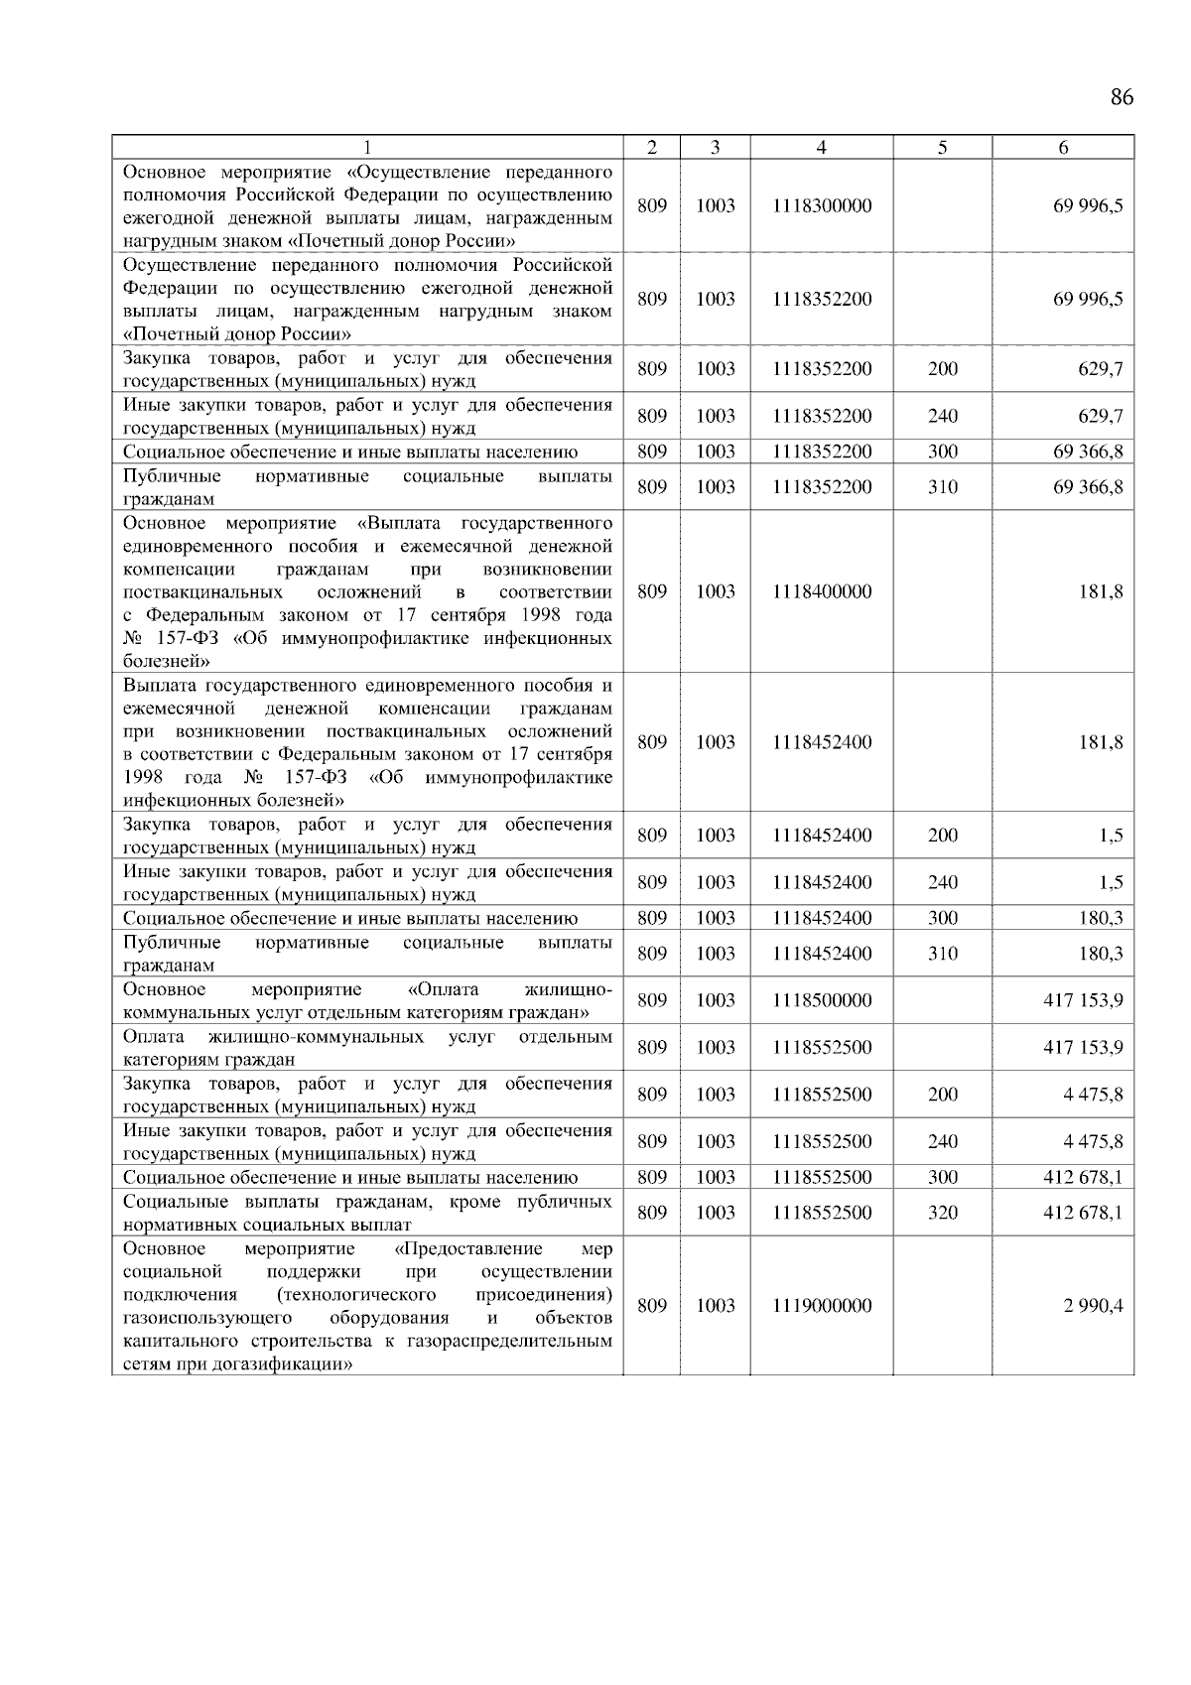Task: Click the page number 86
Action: (x=1122, y=97)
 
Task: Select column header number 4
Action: (x=822, y=147)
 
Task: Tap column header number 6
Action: (x=1063, y=147)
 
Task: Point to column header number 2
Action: (x=651, y=147)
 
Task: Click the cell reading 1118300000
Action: (x=822, y=205)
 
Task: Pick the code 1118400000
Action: (x=822, y=591)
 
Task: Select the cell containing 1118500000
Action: (x=822, y=1000)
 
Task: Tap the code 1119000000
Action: (x=822, y=1306)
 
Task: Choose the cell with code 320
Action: (x=943, y=1213)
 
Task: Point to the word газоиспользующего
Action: (x=207, y=1318)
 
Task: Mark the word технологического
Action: (x=357, y=1295)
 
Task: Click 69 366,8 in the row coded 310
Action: (x=1088, y=487)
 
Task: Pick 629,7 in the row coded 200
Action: (x=1101, y=369)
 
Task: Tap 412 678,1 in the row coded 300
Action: (x=1083, y=1178)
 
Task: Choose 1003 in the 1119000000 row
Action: (x=715, y=1306)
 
